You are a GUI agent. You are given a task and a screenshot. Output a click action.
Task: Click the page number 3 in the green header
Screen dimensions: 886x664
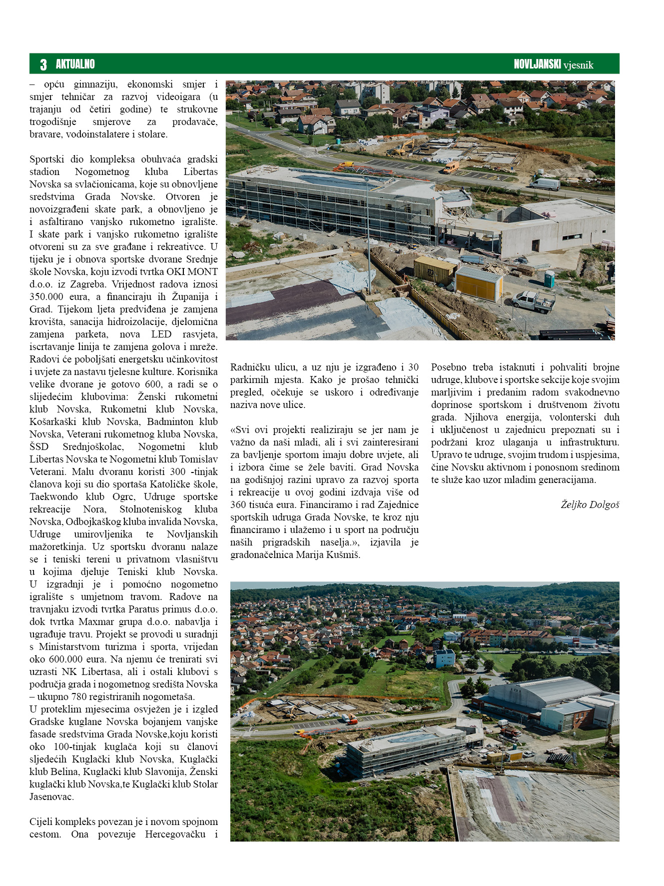(x=43, y=64)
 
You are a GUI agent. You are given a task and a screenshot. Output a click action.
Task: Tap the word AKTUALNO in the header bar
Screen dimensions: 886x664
(x=75, y=64)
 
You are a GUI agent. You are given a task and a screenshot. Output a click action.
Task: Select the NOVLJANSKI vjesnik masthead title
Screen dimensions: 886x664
(x=553, y=64)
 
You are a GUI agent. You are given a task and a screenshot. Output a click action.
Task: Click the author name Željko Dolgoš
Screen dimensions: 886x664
(x=590, y=505)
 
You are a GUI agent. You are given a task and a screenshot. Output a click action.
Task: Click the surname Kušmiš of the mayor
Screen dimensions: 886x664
(x=343, y=555)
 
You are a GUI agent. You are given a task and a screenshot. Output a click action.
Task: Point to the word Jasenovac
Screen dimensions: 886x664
(x=51, y=797)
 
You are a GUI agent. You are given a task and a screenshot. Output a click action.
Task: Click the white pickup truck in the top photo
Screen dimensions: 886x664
(x=533, y=301)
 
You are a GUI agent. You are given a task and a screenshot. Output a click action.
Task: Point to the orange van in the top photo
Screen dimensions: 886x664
(x=451, y=167)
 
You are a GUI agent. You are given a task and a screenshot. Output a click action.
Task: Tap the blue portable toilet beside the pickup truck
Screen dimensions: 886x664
(x=549, y=278)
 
